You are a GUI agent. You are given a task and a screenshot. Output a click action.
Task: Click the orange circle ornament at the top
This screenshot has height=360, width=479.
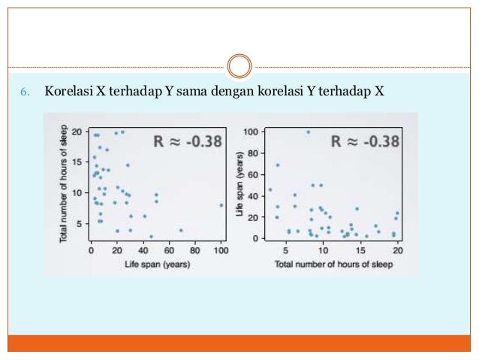coord(239,65)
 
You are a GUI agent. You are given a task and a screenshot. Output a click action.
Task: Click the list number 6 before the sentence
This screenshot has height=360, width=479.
coord(23,92)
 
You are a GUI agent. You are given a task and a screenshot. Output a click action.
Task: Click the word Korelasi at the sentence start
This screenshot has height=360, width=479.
coord(68,92)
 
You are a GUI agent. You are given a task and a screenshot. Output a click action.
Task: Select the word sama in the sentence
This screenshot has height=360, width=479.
coord(192,92)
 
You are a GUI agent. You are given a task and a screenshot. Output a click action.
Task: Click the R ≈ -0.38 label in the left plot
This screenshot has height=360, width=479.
coord(188,140)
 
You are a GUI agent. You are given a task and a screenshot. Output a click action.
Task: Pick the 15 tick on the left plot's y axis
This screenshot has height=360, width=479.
coord(80,162)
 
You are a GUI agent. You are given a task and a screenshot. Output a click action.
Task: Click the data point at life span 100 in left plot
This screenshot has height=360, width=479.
coord(221,204)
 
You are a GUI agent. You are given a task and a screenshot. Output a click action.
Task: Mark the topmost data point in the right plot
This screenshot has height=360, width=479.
coord(308,132)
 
